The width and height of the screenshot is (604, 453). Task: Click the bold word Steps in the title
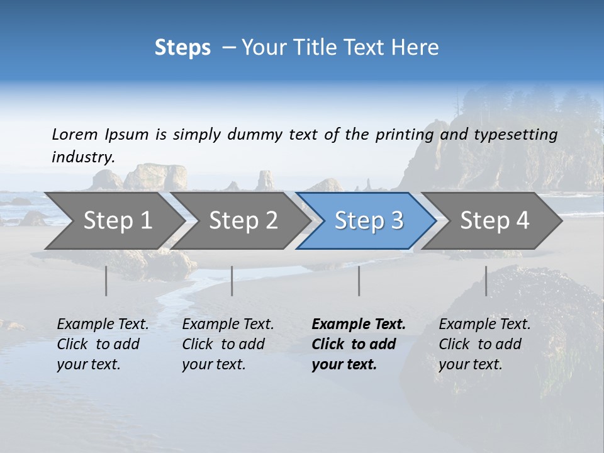182,48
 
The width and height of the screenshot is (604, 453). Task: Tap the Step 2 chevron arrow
243,220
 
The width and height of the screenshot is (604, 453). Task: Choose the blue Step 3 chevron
369,220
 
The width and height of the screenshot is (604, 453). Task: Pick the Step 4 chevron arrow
495,220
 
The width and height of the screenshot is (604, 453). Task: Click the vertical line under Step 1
106,281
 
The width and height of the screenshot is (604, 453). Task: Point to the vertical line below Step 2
232,281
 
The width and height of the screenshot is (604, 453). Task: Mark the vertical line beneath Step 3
359,281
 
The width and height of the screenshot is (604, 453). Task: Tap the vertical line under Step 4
486,281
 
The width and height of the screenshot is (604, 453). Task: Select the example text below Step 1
103,344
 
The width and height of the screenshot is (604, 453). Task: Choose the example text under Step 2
228,344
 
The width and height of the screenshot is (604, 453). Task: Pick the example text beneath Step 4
484,344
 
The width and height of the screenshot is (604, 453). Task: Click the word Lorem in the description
75,134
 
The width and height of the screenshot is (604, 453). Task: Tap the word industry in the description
83,157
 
